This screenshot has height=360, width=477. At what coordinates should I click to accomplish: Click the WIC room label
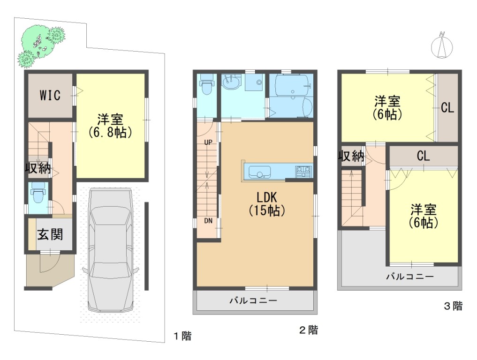click(x=50, y=96)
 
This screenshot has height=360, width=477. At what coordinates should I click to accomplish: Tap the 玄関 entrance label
click(x=50, y=234)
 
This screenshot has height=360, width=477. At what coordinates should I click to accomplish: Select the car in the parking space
click(x=110, y=249)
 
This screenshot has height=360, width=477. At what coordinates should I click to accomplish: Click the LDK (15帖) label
click(x=267, y=204)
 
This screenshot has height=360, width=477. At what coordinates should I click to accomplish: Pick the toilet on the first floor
click(x=38, y=193)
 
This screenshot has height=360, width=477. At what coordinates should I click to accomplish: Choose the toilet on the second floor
click(x=207, y=84)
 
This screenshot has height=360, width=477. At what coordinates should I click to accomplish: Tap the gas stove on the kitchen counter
click(x=303, y=172)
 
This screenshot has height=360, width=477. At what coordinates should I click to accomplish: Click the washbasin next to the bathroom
click(x=231, y=82)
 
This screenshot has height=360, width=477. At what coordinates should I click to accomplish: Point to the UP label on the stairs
click(x=208, y=142)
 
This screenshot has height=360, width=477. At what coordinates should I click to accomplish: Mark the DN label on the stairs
click(x=208, y=221)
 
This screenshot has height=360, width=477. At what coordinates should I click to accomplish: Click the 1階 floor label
click(x=182, y=336)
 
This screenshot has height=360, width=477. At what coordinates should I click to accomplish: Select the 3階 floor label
click(x=453, y=306)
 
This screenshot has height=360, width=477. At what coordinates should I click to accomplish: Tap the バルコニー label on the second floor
click(x=253, y=301)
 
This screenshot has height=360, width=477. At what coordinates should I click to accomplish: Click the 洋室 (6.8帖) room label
click(x=110, y=126)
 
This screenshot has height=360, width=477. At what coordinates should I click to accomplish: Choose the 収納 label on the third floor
click(x=352, y=156)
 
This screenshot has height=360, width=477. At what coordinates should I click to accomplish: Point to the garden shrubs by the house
click(x=41, y=45)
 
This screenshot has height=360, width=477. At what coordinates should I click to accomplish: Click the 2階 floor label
click(x=309, y=330)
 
